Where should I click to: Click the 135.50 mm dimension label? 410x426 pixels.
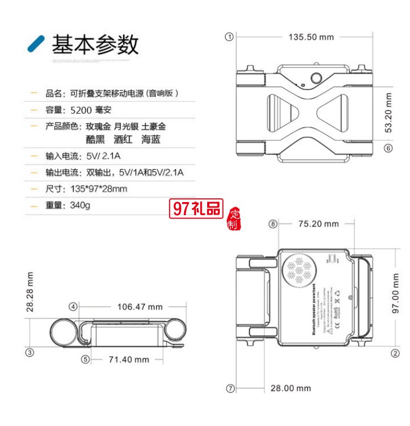[x=311, y=37]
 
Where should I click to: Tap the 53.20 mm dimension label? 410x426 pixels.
[x=389, y=113]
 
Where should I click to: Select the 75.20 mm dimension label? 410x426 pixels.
[x=319, y=224]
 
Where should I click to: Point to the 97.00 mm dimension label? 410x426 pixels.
[x=396, y=295]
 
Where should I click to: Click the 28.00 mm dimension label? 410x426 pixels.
[x=291, y=388]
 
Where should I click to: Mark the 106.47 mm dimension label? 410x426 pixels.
[x=140, y=307]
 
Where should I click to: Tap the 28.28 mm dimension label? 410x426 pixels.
[x=31, y=292]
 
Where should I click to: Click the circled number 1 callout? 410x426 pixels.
[x=230, y=37]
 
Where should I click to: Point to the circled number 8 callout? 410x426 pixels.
[x=273, y=224]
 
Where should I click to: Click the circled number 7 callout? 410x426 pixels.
[x=230, y=388]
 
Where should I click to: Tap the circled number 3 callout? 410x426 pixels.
[x=31, y=352]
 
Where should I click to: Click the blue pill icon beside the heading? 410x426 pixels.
[x=36, y=43]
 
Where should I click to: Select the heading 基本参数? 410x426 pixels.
[x=95, y=44]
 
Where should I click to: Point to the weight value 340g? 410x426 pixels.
[x=80, y=206]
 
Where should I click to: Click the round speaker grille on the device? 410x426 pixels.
[x=298, y=270]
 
